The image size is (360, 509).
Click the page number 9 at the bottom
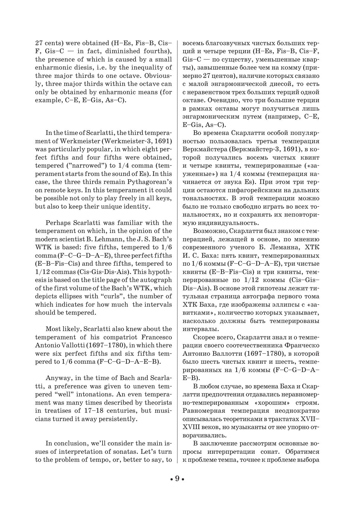(x=177, y=479)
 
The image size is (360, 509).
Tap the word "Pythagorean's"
(x=150, y=182)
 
